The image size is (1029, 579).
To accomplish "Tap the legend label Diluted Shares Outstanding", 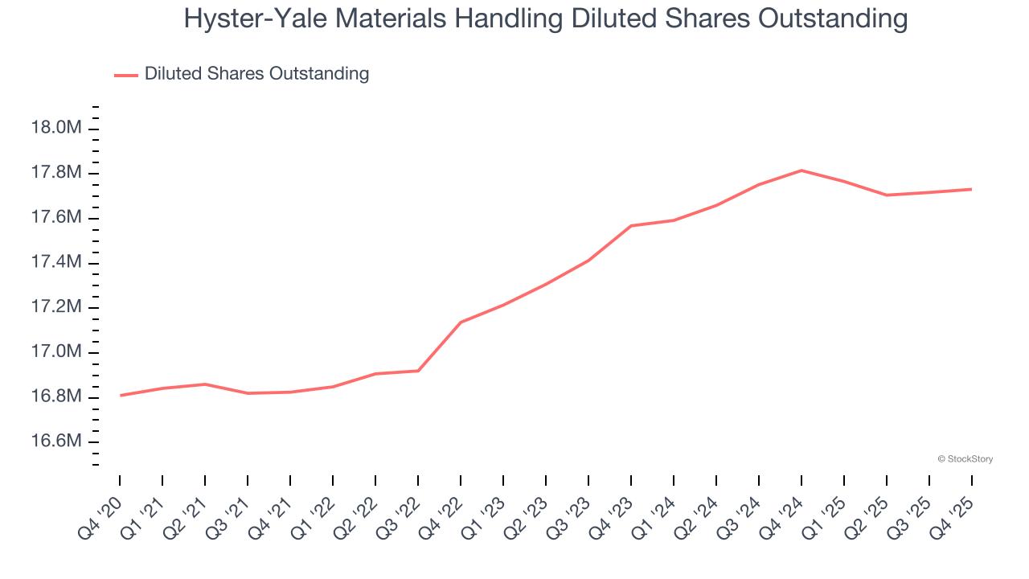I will pos(256,74).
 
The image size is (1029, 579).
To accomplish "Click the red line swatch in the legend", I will pos(126,75).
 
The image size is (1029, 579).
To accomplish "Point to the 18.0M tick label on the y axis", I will pos(55,128).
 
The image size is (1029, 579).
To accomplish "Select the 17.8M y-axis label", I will pos(55,173).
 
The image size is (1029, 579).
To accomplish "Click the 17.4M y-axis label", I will pos(55,262).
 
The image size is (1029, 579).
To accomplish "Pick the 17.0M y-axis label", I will pos(55,351).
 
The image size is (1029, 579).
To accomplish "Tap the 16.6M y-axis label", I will pos(55,441).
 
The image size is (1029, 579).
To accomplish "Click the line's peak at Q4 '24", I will pos(801,170).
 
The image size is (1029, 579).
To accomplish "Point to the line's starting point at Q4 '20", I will pos(121,395).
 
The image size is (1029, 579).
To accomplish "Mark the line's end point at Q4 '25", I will pos(972,189).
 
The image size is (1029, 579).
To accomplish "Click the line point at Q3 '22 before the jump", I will pos(418,371).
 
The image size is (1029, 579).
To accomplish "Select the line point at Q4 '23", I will pos(631,226).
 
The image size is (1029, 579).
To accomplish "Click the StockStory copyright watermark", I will pos(965,459).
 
